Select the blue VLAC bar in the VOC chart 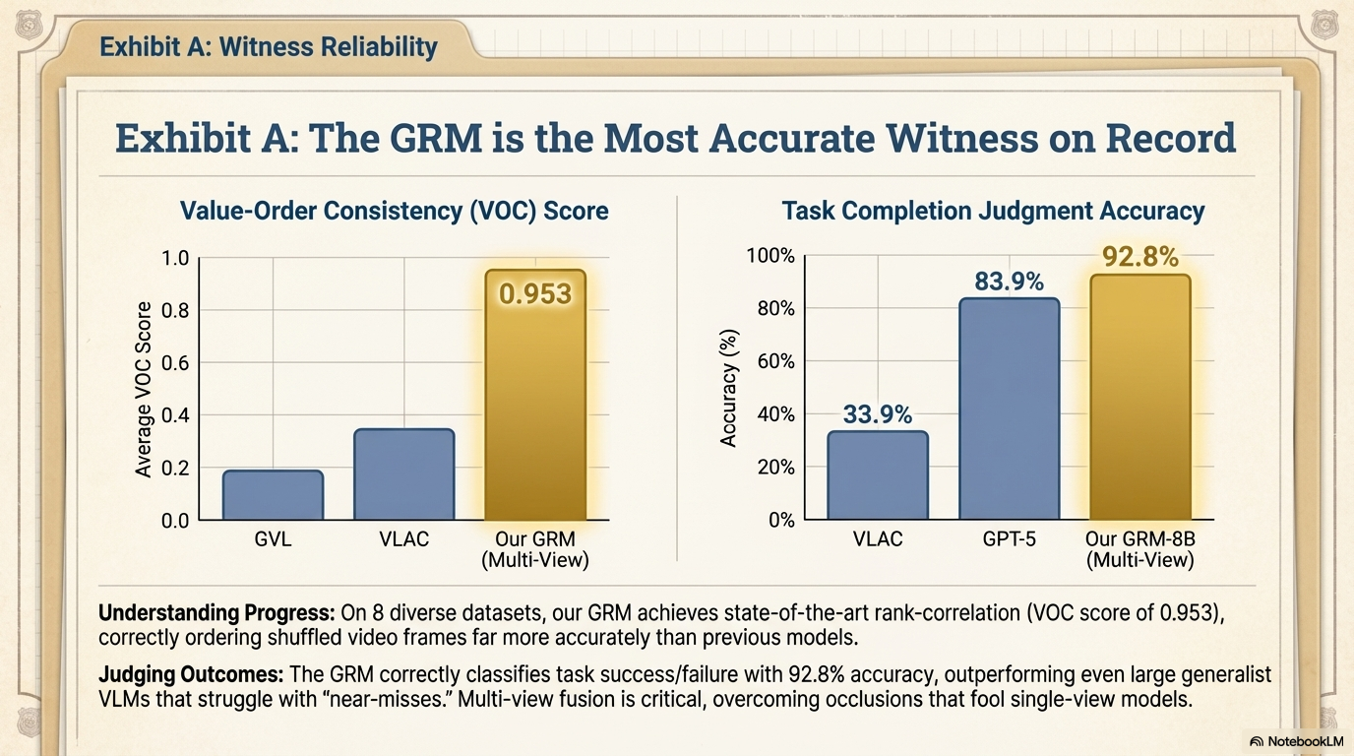pos(403,474)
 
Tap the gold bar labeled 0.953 pos(535,394)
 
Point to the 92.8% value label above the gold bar pos(1139,258)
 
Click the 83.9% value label pos(1009,283)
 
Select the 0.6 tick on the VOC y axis pos(174,363)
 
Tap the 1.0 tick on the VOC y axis pos(174,259)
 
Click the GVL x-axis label pos(273,539)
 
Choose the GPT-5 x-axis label pos(1009,539)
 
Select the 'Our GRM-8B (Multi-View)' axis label pos(1139,549)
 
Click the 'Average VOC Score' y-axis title pos(144,390)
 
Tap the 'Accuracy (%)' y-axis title pos(728,390)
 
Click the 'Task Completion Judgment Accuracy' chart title pos(993,211)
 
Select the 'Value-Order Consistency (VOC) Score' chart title pos(394,211)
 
